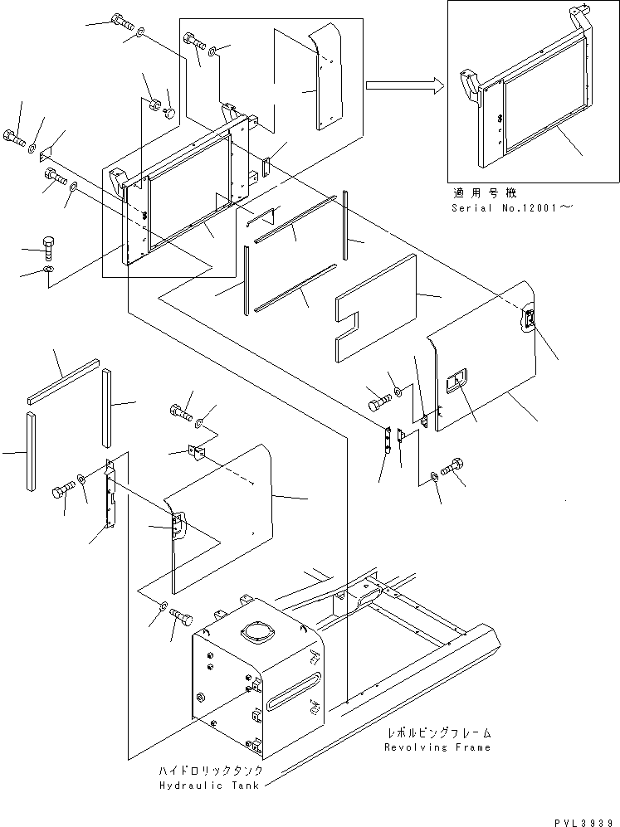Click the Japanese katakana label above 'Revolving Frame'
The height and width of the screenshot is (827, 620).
[x=437, y=733]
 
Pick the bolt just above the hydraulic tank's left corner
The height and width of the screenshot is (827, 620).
[x=180, y=618]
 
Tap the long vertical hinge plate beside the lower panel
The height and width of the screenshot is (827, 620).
[x=108, y=494]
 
